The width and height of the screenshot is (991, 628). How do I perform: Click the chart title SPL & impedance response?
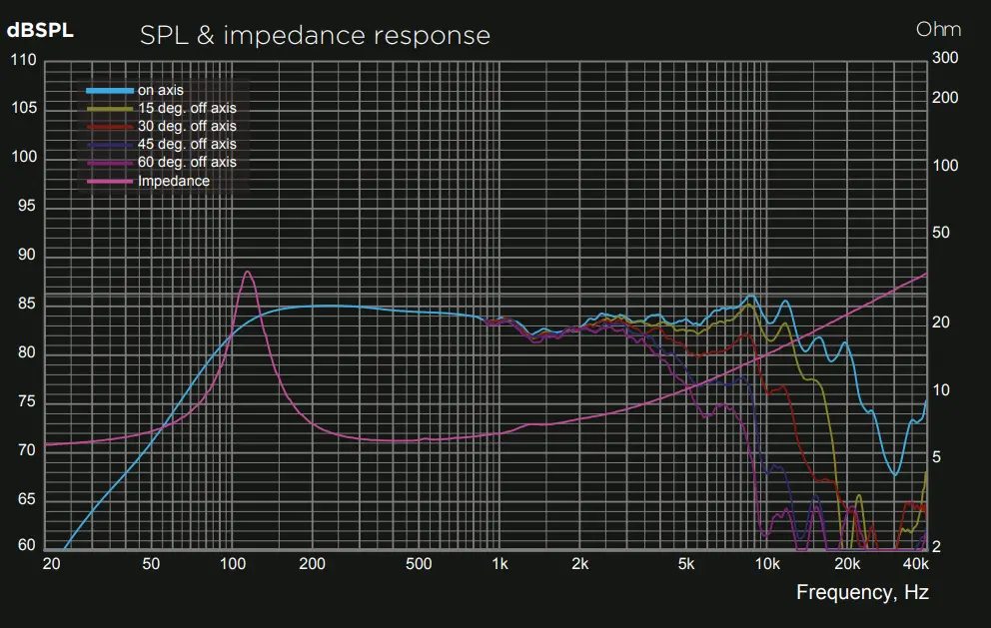pos(315,36)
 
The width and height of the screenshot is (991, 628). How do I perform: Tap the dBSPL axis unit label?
pos(40,30)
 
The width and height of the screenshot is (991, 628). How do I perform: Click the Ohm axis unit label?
pos(938,29)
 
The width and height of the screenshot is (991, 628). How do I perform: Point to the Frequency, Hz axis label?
pos(862,592)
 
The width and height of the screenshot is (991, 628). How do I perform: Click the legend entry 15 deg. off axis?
pos(187,109)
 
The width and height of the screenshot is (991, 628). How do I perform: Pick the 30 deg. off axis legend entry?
pos(187,127)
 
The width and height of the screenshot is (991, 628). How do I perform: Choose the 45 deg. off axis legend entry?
pos(187,145)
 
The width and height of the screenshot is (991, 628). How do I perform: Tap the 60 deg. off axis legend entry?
pos(187,163)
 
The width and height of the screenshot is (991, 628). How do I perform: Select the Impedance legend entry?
pos(174,181)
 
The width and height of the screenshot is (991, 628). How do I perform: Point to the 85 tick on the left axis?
pos(26,304)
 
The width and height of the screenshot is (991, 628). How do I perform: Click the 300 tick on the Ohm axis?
pos(944,58)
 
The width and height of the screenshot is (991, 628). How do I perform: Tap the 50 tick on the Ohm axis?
pos(941,233)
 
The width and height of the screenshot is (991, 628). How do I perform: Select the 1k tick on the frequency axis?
pos(499,564)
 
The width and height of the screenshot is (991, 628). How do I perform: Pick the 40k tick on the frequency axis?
pos(915,564)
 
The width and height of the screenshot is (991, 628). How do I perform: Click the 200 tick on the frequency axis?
pos(313,564)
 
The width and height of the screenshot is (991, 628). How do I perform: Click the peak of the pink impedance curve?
pos(247,272)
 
